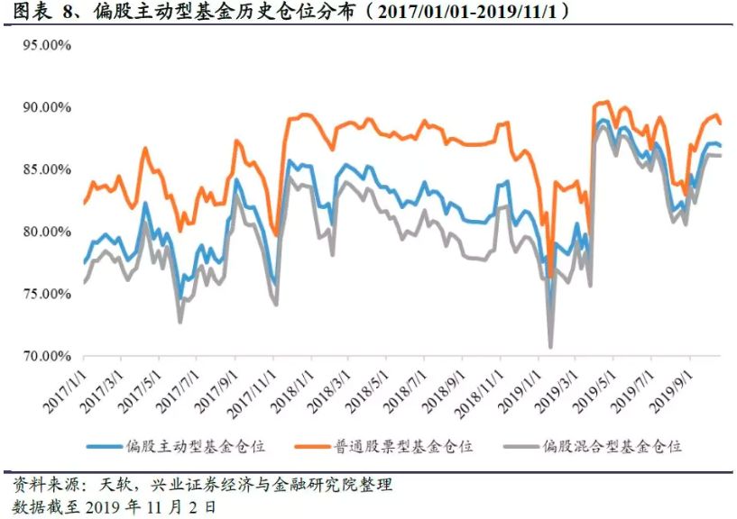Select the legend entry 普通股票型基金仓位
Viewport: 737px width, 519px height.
click(407, 446)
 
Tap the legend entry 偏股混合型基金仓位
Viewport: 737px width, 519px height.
click(613, 446)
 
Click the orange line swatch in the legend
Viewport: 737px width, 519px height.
click(311, 446)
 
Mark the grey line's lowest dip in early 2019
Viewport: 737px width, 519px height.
click(550, 346)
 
